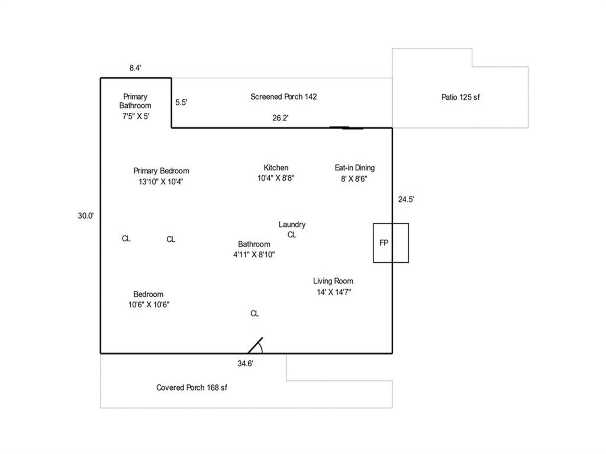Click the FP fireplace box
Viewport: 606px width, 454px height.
(x=390, y=243)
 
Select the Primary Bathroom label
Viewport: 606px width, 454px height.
(x=135, y=106)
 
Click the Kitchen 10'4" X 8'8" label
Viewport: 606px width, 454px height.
(x=276, y=173)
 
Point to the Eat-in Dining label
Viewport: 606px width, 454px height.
(x=354, y=173)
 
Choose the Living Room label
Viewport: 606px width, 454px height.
(x=333, y=286)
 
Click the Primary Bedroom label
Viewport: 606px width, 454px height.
(x=161, y=176)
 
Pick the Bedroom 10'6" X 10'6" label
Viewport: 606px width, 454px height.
(x=149, y=299)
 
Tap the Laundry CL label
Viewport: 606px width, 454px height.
(x=292, y=229)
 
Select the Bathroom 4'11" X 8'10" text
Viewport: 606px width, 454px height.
(x=254, y=249)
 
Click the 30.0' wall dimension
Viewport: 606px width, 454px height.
(x=86, y=216)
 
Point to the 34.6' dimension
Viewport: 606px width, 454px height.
(x=245, y=364)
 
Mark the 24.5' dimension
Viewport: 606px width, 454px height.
(x=406, y=199)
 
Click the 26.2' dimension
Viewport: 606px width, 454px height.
(x=280, y=118)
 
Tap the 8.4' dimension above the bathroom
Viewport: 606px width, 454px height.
(x=135, y=68)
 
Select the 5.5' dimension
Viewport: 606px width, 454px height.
(x=181, y=102)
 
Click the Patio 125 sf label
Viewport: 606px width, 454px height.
(x=460, y=97)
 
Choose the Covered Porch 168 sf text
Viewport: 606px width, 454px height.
(x=192, y=387)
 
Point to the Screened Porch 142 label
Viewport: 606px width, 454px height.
(x=283, y=97)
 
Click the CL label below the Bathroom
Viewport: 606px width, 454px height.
(x=255, y=313)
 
